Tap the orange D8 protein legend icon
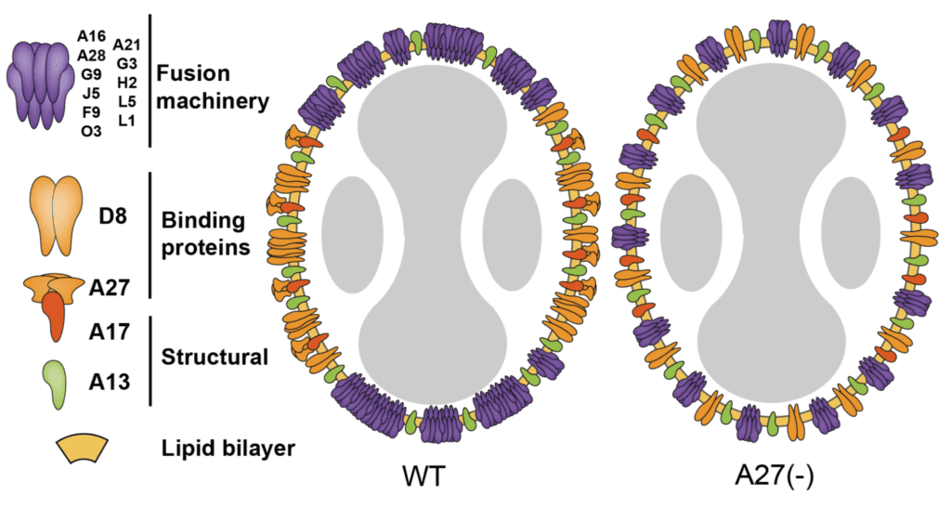point(52,215)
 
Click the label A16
point(91,37)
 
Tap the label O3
point(91,131)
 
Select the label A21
point(126,46)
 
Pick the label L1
point(126,120)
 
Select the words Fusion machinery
point(212,86)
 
